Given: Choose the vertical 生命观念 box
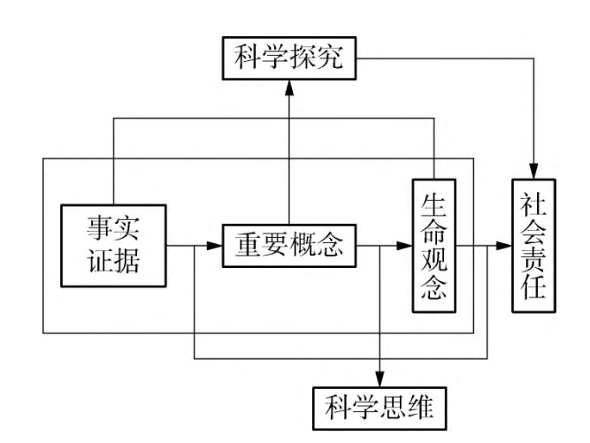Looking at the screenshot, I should tap(433, 247).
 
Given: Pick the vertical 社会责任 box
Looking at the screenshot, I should tap(533, 246).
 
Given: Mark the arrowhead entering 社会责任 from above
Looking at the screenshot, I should tap(533, 169).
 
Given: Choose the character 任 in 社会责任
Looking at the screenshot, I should tap(533, 291).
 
